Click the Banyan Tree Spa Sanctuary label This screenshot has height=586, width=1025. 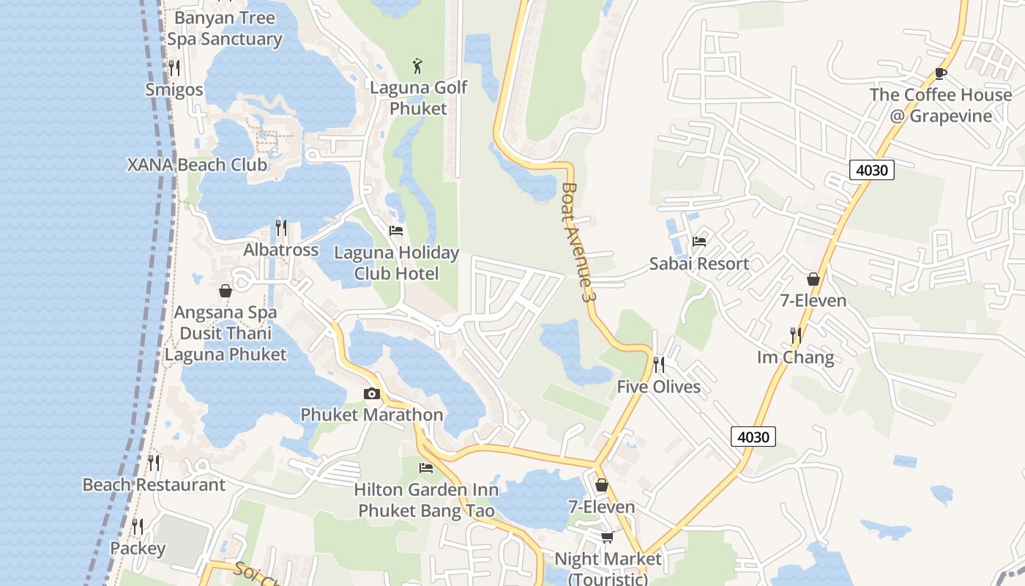tap(225, 29)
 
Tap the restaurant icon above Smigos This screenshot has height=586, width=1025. tap(174, 68)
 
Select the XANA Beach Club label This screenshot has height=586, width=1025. tap(198, 165)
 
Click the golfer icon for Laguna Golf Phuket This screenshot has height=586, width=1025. tap(417, 66)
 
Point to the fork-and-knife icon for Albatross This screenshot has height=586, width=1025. tap(281, 228)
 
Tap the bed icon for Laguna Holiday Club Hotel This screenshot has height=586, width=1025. tap(396, 230)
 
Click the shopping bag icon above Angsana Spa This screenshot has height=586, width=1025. tap(225, 291)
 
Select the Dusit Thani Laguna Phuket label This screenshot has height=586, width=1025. tap(225, 344)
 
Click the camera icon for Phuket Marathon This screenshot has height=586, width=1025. tap(372, 394)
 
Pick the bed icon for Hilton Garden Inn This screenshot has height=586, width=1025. tap(426, 467)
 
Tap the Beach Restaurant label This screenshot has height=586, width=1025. tap(154, 485)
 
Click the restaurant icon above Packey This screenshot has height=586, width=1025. tap(138, 526)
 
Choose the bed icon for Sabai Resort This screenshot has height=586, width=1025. tap(699, 242)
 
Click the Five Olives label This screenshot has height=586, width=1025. tap(658, 387)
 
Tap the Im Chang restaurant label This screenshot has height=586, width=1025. tap(795, 357)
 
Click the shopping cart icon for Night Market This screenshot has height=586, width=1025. tap(607, 538)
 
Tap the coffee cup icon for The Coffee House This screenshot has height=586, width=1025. tap(941, 73)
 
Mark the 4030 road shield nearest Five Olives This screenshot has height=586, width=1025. tap(753, 437)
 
